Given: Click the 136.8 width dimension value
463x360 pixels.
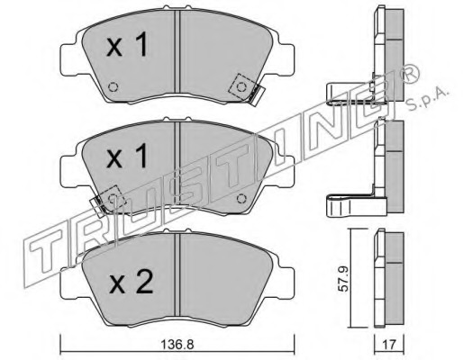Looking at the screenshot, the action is (x=177, y=345).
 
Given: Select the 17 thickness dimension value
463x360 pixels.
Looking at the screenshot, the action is (x=389, y=345).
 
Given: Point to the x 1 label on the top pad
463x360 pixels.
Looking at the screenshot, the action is (x=127, y=45).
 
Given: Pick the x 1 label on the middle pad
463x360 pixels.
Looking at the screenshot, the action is (x=127, y=156).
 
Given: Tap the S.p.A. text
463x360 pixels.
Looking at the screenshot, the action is (x=426, y=100).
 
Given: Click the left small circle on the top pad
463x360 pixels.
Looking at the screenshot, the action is (x=113, y=87).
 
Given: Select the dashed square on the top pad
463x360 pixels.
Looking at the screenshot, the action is (x=242, y=87).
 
